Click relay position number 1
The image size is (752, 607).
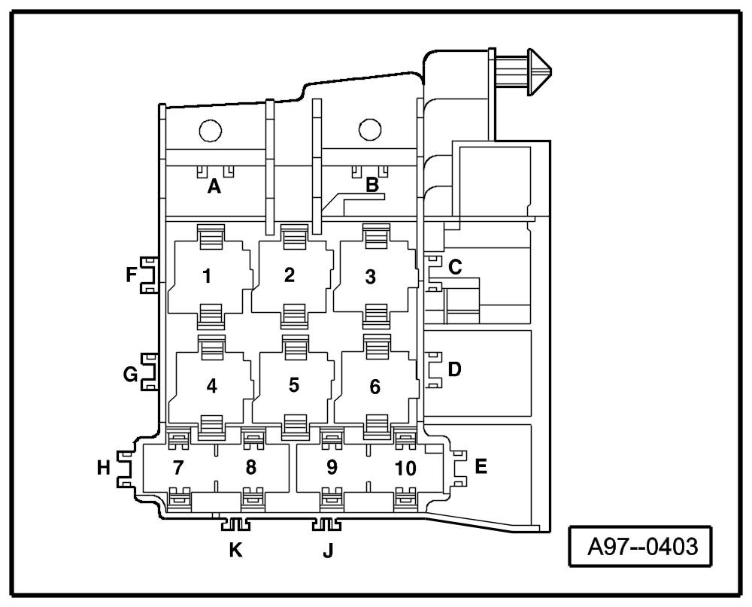(207, 276)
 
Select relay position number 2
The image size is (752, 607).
(290, 275)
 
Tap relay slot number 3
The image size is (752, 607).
(370, 276)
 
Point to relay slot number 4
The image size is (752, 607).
(212, 386)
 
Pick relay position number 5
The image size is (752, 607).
(294, 384)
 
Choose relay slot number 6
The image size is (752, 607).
(375, 387)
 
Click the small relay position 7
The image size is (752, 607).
(178, 467)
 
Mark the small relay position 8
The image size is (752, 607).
(251, 467)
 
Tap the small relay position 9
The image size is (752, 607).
(332, 467)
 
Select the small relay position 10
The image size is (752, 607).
(405, 469)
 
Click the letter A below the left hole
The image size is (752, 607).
(214, 187)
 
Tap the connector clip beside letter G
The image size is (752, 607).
(150, 372)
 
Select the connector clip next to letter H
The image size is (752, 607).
(123, 469)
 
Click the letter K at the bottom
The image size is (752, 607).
(236, 551)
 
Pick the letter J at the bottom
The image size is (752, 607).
(328, 551)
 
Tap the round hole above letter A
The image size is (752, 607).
(211, 131)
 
